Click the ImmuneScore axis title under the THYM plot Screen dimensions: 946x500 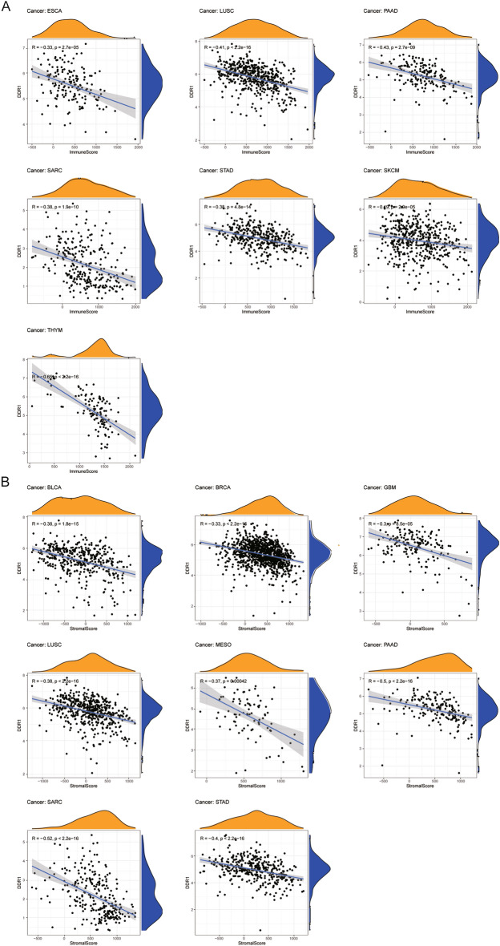pos(82,471)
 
